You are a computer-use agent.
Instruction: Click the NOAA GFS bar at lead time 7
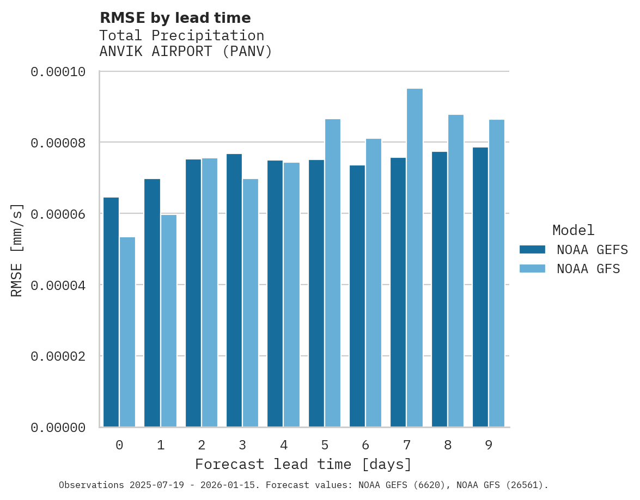(x=415, y=258)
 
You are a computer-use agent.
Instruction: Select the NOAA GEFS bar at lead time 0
(x=111, y=312)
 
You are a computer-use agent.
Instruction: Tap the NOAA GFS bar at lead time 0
(x=127, y=332)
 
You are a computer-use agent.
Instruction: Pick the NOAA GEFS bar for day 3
(x=234, y=291)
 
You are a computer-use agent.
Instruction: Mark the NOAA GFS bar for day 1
(x=169, y=321)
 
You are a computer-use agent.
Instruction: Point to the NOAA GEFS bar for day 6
(x=357, y=296)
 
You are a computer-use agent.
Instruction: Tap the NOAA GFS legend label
(x=588, y=269)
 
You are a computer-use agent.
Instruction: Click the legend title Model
(x=573, y=231)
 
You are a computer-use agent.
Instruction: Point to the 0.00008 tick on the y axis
(x=58, y=143)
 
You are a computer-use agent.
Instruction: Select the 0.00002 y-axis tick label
(x=58, y=357)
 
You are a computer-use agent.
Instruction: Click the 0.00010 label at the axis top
(x=58, y=72)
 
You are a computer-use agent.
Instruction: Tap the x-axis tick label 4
(x=284, y=446)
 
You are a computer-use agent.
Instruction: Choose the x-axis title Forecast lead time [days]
(x=303, y=465)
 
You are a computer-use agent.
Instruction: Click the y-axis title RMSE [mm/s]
(x=17, y=250)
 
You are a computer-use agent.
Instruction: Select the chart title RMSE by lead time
(x=175, y=18)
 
